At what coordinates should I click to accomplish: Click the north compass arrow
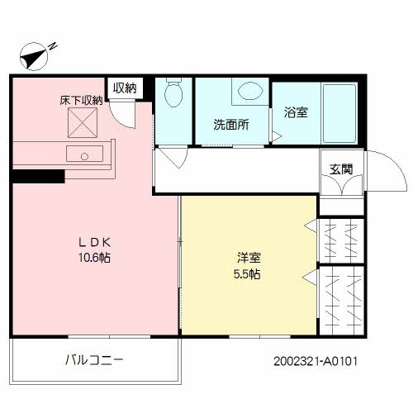click(34, 56)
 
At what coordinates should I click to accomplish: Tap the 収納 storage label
click(125, 87)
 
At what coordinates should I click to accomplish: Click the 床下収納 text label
click(81, 101)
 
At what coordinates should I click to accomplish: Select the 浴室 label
click(296, 112)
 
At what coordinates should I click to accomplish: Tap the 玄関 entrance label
click(341, 169)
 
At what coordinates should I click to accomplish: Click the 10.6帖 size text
click(95, 258)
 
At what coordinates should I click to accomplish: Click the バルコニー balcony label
click(94, 360)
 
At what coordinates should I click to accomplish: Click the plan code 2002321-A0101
click(315, 361)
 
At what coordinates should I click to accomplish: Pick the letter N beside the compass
click(52, 45)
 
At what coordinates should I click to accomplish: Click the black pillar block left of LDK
click(37, 175)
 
